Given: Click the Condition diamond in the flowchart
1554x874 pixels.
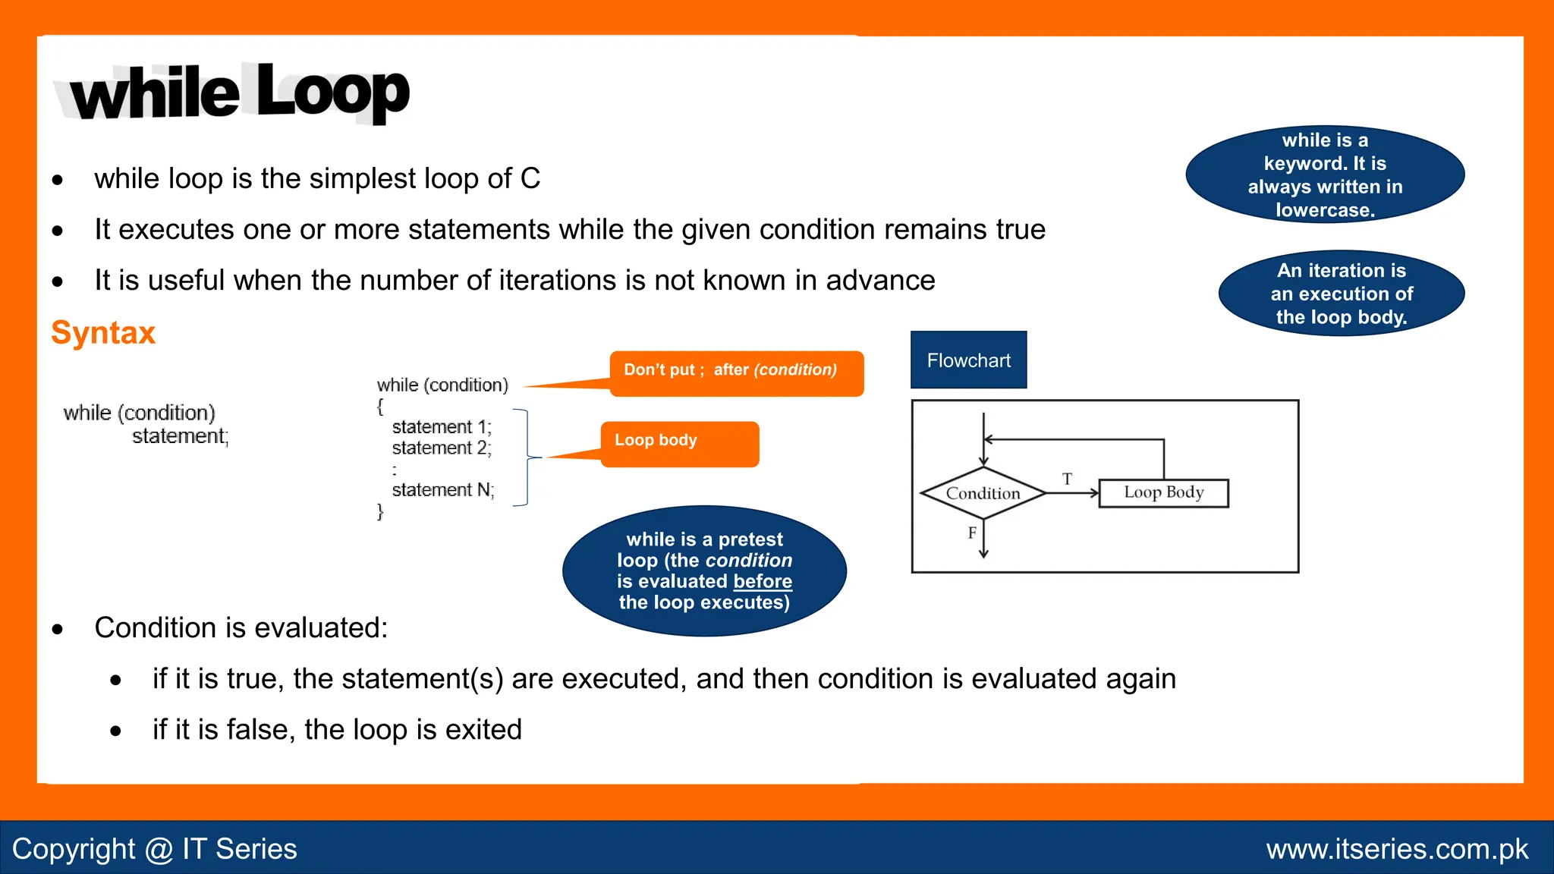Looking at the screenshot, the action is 983,493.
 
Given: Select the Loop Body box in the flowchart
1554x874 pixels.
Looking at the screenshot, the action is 1163,493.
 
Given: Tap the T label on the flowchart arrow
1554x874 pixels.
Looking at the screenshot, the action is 1067,479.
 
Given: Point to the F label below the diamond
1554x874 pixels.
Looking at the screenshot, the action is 972,533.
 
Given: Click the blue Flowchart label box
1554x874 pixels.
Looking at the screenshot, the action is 968,360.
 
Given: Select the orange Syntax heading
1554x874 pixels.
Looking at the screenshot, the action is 103,333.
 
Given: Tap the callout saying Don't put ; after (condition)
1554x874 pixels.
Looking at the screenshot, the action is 736,373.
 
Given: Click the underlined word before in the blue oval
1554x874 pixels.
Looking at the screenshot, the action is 763,582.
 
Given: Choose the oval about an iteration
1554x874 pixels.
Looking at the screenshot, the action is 1341,294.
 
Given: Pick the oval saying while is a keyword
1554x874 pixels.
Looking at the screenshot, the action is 1325,174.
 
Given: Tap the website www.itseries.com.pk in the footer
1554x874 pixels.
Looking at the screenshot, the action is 1397,849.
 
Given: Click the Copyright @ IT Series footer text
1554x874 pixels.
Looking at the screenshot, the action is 155,849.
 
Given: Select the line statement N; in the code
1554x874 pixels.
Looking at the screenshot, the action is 443,490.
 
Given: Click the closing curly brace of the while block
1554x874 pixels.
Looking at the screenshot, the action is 380,512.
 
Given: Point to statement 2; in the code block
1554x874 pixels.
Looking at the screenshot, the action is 442,448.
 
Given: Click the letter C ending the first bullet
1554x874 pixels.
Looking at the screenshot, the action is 530,179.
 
